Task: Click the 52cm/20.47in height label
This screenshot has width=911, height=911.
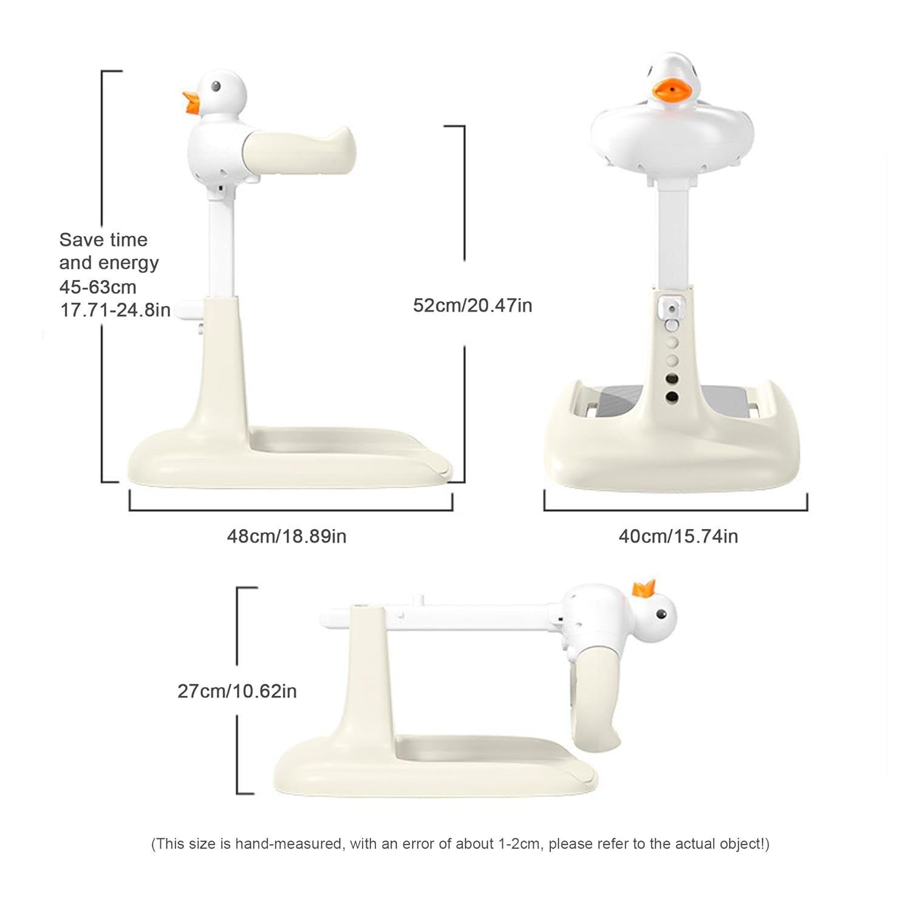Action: coord(473,305)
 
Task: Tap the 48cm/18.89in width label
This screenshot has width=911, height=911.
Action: coord(287,536)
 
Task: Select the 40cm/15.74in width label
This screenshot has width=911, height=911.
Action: coord(678,536)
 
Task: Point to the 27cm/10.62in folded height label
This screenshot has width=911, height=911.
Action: coord(237,691)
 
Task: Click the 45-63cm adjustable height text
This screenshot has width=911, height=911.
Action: coord(98,287)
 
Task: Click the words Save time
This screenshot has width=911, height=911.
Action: coord(103,240)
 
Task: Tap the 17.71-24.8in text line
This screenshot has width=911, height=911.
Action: coord(115,310)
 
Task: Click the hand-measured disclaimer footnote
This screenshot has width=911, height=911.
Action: coord(460,844)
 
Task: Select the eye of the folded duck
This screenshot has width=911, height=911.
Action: coord(661,615)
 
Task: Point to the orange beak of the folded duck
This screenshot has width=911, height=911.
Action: coord(644,588)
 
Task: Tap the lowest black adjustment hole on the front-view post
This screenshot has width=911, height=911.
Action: coord(672,397)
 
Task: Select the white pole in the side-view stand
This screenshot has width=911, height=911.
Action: coord(222,249)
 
